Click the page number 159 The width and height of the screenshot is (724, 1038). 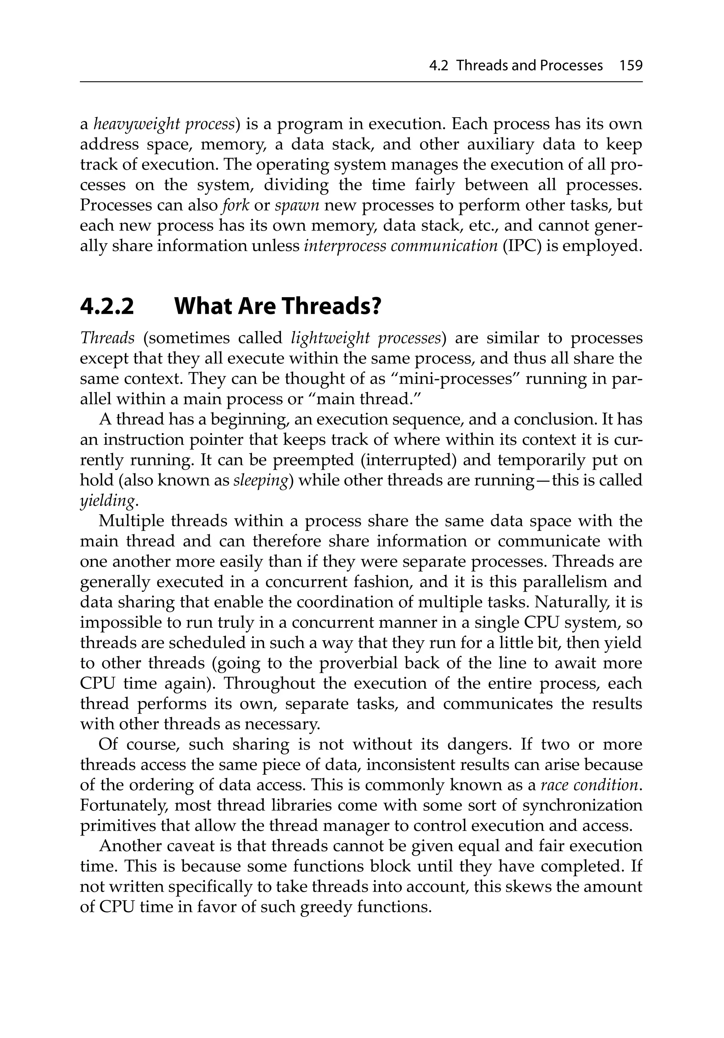pyautogui.click(x=631, y=66)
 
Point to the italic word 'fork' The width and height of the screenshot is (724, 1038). pyautogui.click(x=236, y=205)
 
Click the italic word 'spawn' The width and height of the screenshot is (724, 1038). pyautogui.click(x=297, y=205)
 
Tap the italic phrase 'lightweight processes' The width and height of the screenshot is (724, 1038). pyautogui.click(x=366, y=338)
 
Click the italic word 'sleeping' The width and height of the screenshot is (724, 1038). pyautogui.click(x=261, y=480)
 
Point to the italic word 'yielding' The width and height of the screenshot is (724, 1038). pyautogui.click(x=107, y=501)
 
